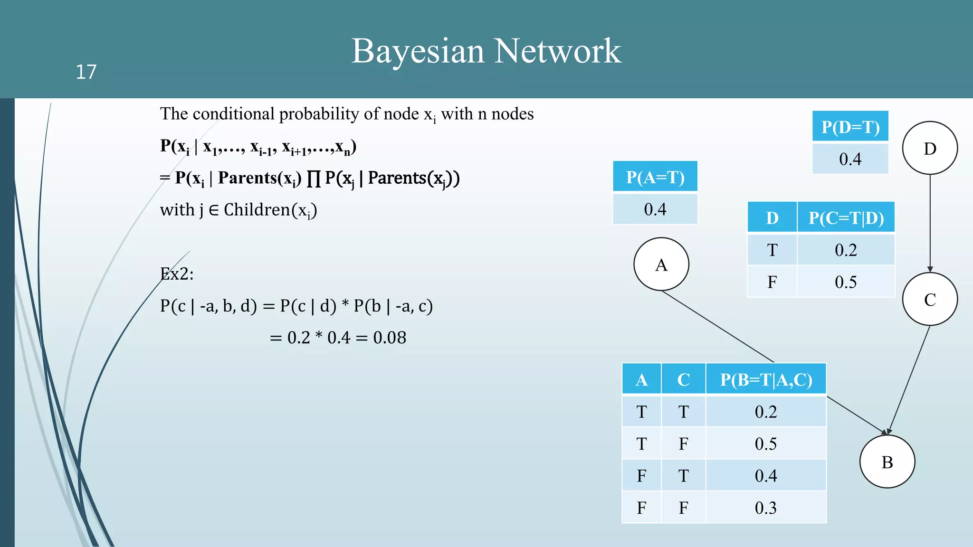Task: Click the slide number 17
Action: (x=86, y=72)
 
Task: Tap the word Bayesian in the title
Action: (x=417, y=51)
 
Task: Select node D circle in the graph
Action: (x=930, y=148)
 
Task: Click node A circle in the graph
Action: (x=661, y=264)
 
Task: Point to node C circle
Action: (x=930, y=299)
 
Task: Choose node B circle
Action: (x=887, y=462)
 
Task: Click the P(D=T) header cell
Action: (x=850, y=127)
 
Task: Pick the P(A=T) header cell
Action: (x=655, y=177)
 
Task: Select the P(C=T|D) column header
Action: (x=846, y=217)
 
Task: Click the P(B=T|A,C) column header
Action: (x=766, y=379)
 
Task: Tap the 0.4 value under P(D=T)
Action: (x=850, y=159)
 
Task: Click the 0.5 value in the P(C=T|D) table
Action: (x=846, y=282)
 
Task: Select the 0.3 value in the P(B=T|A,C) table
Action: (x=766, y=508)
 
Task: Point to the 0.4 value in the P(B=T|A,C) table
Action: (x=766, y=475)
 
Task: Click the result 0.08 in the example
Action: (x=390, y=338)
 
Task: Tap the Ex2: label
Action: (x=177, y=274)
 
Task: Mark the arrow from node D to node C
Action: (x=930, y=223)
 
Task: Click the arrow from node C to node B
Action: (x=908, y=380)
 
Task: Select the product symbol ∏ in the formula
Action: (x=313, y=179)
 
